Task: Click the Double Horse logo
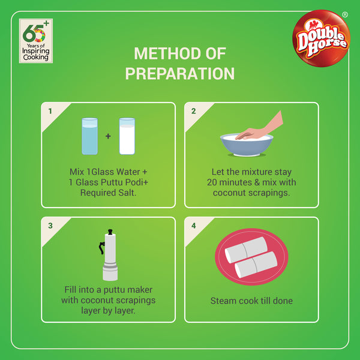click(321, 38)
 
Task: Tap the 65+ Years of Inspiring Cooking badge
click(36, 41)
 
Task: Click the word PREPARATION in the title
click(180, 73)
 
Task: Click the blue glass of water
click(90, 136)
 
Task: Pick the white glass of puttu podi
click(127, 136)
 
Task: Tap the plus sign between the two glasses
click(108, 136)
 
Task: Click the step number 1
click(50, 111)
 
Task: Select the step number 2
click(194, 111)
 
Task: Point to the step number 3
click(50, 226)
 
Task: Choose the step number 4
click(194, 226)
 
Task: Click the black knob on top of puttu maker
click(110, 232)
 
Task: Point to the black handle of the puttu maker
click(101, 248)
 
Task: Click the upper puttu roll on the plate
click(246, 250)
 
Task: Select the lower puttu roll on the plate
click(256, 265)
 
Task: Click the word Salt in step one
click(127, 193)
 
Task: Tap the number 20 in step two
click(212, 182)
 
